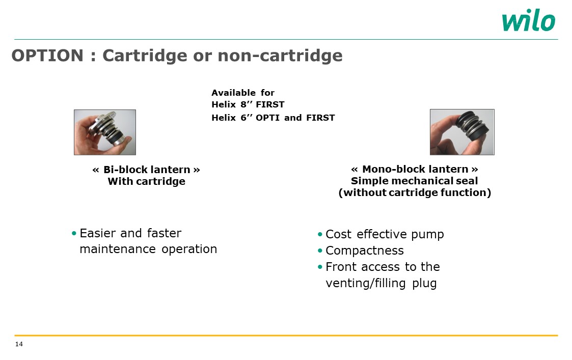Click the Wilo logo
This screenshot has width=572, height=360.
point(529,20)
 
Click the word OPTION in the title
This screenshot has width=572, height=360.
point(47,56)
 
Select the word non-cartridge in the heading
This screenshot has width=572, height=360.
point(280,56)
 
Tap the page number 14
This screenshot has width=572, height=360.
point(19,344)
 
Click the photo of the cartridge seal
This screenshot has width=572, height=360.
point(105,132)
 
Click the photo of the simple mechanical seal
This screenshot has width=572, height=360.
point(462,132)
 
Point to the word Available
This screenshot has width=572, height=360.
point(233,93)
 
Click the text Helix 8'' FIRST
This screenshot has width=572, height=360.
point(248,105)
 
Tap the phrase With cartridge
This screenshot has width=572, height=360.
point(146,181)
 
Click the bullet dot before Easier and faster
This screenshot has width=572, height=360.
point(74,233)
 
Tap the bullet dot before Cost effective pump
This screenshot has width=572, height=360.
point(320,234)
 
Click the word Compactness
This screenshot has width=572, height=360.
point(364,251)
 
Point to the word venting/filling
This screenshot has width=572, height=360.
point(366,284)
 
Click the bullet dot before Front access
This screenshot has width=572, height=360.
point(320,267)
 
